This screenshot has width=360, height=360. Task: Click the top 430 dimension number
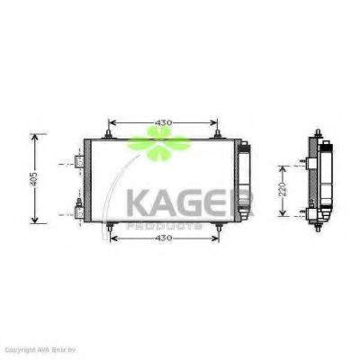point(161,122)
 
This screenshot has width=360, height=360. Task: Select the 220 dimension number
point(282,191)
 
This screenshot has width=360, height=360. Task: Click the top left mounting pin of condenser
point(108,136)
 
